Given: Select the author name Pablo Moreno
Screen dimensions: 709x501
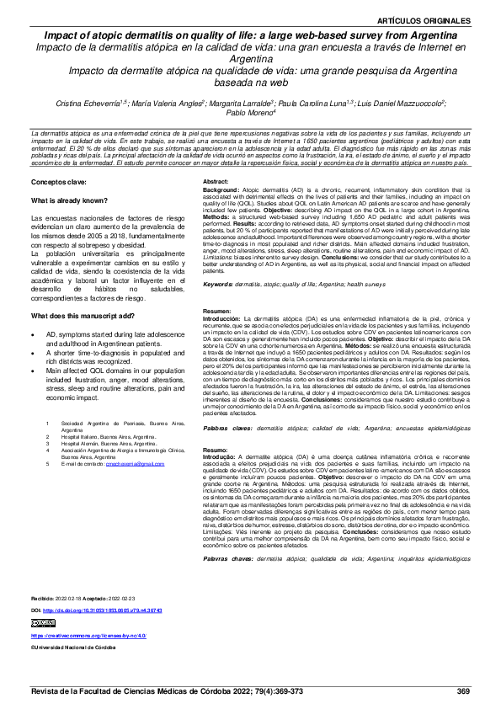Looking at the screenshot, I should click(250, 114).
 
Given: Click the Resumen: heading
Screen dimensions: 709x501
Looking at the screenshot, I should click(218, 312).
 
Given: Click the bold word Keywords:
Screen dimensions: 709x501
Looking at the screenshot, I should click(219, 285).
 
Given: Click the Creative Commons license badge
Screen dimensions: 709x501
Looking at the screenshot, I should click(42, 622).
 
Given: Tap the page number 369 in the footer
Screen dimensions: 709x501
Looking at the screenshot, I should click(462, 690).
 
